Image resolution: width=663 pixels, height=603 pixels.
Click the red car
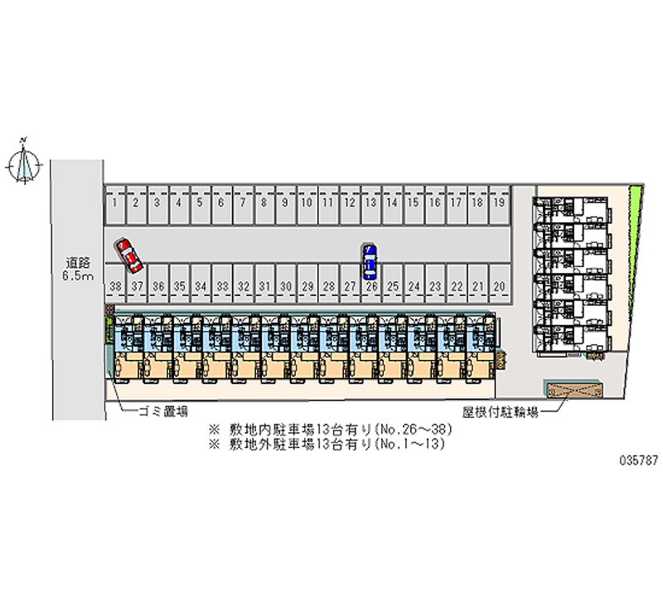tap(129, 255)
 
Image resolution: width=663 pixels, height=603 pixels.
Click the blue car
tap(370, 260)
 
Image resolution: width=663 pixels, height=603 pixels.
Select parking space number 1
tap(114, 202)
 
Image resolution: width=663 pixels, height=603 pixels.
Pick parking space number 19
tap(499, 202)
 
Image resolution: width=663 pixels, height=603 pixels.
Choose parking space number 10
tap(306, 202)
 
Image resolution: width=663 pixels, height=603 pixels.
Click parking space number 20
tap(499, 286)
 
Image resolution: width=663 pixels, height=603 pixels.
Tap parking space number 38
tap(114, 286)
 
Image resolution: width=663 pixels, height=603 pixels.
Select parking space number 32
tap(243, 286)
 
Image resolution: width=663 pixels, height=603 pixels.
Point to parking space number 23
tap(435, 286)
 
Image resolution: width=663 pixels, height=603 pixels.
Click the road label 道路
tap(77, 263)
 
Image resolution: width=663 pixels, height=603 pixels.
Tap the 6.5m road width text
tap(77, 275)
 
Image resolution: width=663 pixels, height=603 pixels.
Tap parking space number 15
tap(413, 202)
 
